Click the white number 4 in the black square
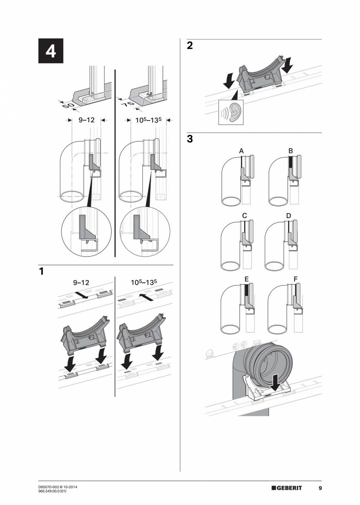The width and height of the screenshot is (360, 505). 50,51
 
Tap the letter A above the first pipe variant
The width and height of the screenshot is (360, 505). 241,151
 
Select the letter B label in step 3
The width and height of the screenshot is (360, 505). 290,151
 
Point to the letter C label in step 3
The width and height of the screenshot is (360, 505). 245,216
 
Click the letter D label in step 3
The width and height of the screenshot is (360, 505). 288,216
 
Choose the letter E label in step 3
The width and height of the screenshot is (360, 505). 246,279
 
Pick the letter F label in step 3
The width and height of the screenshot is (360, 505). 295,279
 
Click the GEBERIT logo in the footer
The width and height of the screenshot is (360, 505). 287,488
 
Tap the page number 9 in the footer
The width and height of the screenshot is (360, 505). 320,488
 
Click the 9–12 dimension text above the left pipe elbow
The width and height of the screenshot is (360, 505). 86,120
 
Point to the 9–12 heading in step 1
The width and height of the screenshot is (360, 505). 81,282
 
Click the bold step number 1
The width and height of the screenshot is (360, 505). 41,271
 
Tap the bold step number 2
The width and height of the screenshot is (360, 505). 190,45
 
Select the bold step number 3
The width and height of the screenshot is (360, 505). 190,138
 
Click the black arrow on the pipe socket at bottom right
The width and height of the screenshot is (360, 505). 275,381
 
